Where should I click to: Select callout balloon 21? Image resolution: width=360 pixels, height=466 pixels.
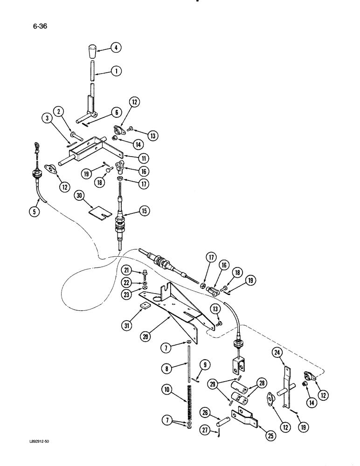(127, 271)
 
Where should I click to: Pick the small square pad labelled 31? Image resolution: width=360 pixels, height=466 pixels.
(146, 307)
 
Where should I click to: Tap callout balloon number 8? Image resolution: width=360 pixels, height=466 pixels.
(167, 368)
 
